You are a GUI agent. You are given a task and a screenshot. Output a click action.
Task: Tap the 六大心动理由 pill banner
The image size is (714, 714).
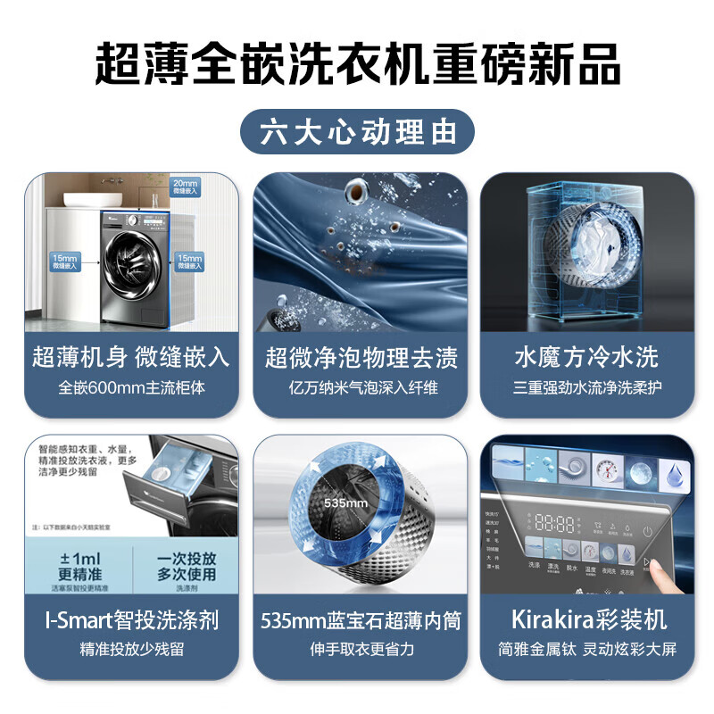coord(357,132)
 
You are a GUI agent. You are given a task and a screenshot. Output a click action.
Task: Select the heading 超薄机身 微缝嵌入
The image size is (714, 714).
coord(131,358)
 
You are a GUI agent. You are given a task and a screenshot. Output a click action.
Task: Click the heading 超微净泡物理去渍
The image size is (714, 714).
coord(361,358)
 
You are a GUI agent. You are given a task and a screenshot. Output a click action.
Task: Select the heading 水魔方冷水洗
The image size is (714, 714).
coord(586,358)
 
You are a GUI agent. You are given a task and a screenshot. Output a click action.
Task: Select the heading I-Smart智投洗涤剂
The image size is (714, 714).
coord(131,619)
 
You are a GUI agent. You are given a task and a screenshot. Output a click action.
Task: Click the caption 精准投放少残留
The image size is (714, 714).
coord(131,649)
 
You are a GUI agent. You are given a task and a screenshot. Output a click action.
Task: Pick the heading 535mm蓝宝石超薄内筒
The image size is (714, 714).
coord(361,619)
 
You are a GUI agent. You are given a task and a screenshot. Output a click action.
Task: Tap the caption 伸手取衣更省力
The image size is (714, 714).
coord(361,649)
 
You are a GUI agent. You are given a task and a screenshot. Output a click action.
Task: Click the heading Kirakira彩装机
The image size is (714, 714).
coord(586,619)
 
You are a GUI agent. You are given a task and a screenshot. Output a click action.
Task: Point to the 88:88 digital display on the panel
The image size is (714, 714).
coord(553,523)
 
